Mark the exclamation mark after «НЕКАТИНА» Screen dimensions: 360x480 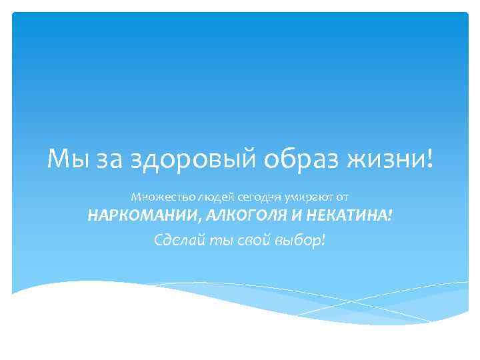(390, 216)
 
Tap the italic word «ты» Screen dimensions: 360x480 (217, 239)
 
